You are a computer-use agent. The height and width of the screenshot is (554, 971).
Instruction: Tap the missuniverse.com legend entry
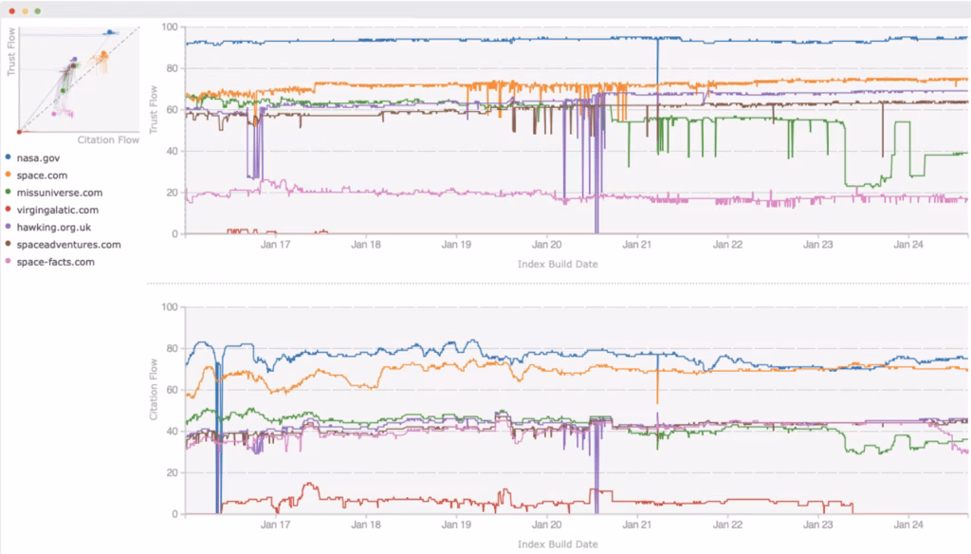(59, 193)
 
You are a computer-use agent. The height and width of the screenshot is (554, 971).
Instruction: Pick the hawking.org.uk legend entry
(55, 227)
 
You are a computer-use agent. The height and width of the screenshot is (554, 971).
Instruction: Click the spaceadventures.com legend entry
(68, 245)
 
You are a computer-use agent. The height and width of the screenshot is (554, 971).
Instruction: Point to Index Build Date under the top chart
(558, 264)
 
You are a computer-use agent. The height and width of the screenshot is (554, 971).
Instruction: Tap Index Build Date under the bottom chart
(558, 545)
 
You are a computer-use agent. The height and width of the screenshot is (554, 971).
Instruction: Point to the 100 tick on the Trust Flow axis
(171, 27)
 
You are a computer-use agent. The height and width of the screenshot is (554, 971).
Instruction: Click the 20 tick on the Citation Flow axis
(173, 472)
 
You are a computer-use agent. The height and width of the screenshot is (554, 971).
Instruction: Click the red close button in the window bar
(9, 10)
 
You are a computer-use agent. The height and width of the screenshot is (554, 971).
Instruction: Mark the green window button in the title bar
(37, 10)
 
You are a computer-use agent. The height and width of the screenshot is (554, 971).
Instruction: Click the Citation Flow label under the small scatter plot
(108, 140)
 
